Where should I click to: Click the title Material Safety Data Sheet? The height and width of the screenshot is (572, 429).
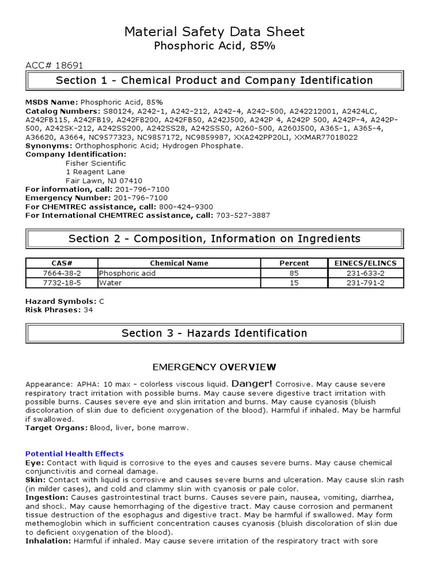pos(214,32)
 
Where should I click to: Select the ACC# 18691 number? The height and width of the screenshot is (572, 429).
pos(54,65)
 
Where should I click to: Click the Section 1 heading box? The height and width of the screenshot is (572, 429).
pos(214,80)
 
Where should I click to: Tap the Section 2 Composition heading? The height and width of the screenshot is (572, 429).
pos(214,239)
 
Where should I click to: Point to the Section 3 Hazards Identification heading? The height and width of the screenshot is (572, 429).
pos(214,333)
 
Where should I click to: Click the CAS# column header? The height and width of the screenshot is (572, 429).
pos(61,263)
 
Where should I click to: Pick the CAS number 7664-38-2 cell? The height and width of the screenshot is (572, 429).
pos(61,273)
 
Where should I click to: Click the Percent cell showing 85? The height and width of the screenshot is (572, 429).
pos(294,273)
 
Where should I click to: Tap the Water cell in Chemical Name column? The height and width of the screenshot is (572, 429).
pos(111,283)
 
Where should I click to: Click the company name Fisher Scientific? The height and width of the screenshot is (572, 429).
pos(96,163)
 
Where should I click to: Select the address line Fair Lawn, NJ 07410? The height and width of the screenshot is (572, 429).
pos(104,181)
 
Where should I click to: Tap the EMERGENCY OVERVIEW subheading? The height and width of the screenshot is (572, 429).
pos(214,367)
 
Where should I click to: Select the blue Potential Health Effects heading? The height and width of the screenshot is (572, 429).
pos(74,454)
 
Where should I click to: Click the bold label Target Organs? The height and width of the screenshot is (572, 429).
pos(55,428)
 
